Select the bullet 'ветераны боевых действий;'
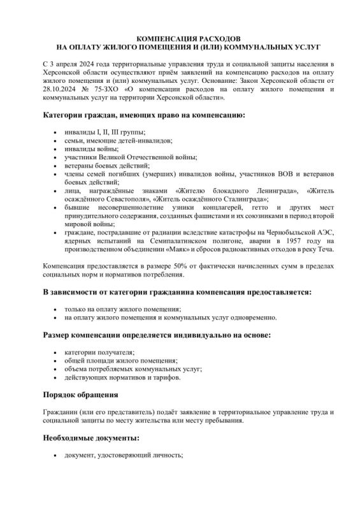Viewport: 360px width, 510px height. (102, 164)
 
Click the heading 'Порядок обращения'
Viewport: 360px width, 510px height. (80, 395)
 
